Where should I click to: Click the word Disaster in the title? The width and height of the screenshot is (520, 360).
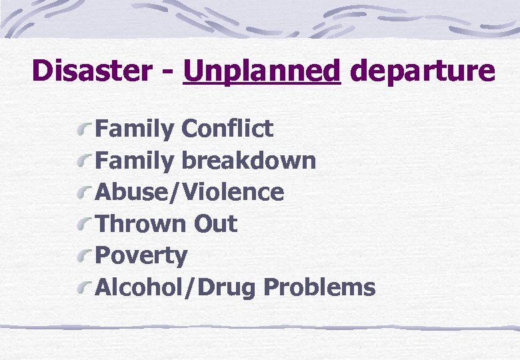(x=94, y=71)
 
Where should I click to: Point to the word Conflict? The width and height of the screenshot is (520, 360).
(x=227, y=128)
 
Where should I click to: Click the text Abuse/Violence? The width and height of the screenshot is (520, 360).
(x=190, y=192)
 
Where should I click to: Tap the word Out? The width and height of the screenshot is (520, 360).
(x=215, y=224)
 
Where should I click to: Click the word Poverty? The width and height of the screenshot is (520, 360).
(x=141, y=256)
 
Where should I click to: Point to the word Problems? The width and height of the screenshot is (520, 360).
(x=319, y=288)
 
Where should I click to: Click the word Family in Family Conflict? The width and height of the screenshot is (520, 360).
(x=134, y=128)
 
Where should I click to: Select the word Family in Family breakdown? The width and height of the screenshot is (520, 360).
(x=134, y=160)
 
